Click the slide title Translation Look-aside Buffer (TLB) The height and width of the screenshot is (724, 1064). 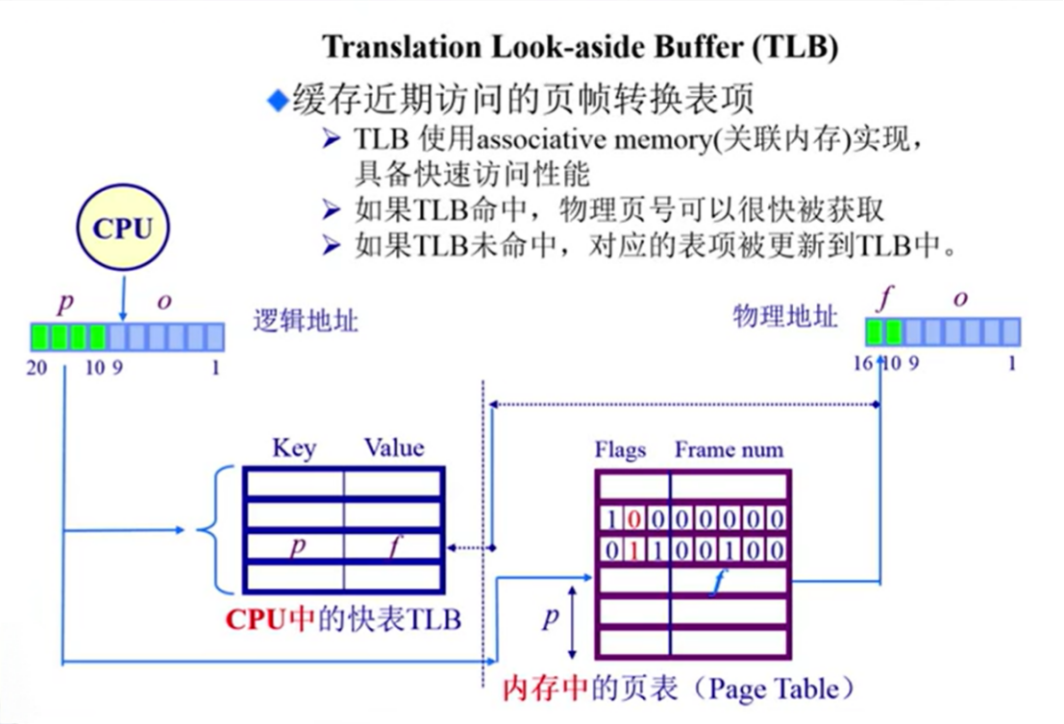click(580, 47)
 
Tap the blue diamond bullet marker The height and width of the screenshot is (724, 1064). click(278, 100)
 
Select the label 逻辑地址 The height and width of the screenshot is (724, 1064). click(306, 321)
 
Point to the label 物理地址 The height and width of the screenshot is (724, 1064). click(785, 316)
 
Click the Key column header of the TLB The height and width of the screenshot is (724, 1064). click(293, 448)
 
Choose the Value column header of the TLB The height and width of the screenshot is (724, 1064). click(394, 448)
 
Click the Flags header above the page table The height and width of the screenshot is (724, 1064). click(620, 449)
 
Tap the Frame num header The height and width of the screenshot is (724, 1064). click(729, 449)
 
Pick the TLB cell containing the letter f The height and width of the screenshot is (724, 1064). click(393, 547)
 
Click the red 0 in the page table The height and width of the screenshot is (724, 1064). click(631, 519)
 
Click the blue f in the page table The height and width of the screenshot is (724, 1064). click(714, 582)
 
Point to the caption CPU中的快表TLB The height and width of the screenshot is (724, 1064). click(343, 619)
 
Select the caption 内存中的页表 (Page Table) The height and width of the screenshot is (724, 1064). click(679, 688)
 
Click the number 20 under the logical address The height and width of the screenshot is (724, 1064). click(37, 366)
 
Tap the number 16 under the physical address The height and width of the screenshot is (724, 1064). click(862, 364)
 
